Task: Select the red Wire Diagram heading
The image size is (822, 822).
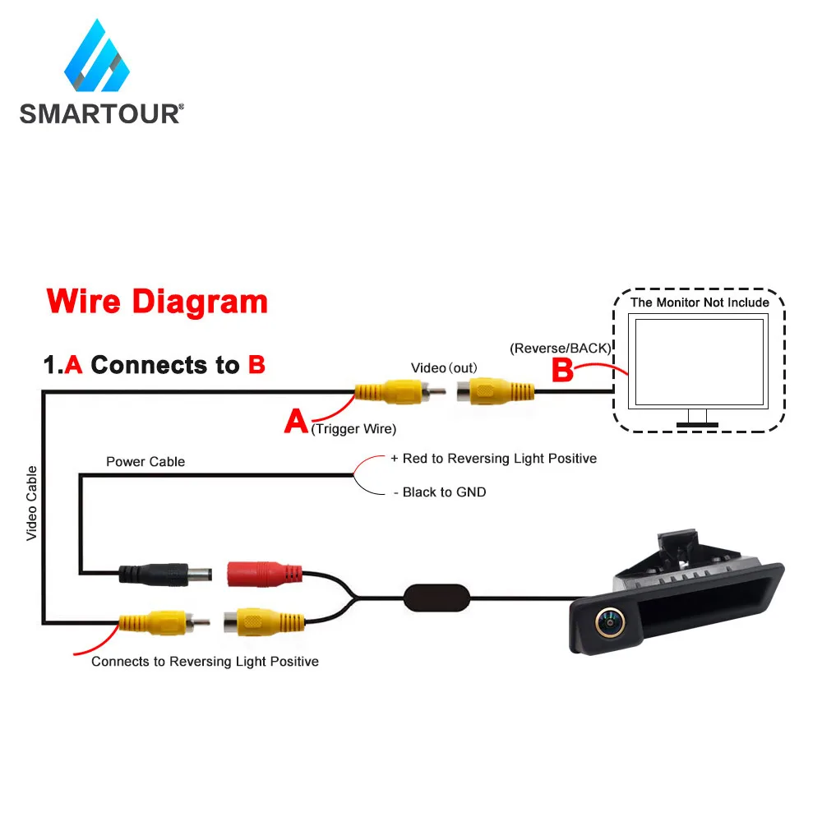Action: pos(157,302)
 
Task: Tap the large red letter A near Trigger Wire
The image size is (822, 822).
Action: pos(296,423)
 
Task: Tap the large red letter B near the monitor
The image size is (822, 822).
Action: pos(562,370)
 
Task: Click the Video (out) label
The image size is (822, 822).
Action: pos(444,367)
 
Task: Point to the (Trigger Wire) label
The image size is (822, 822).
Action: pos(353,428)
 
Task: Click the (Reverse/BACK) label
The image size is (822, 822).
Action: pos(560,348)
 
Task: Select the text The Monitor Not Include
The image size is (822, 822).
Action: pos(700,302)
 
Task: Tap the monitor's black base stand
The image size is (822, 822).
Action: pos(697,424)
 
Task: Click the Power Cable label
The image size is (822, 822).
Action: pos(145,462)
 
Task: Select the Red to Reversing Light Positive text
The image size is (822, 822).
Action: pos(499,458)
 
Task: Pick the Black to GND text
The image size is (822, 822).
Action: pos(444,492)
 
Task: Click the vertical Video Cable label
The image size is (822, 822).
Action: pos(32,503)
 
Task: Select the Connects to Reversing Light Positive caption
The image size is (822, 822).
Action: pos(205,661)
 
